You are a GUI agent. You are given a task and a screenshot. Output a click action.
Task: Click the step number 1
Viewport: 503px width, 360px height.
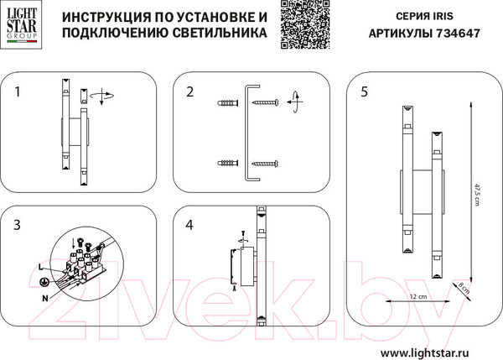20,91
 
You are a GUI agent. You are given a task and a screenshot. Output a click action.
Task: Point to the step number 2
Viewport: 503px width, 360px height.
190,91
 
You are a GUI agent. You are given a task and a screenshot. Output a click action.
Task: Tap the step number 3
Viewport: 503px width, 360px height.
18,225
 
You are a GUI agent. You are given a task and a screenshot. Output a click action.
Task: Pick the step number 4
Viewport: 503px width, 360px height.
189,225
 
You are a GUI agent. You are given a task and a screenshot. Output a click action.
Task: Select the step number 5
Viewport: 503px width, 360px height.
363,91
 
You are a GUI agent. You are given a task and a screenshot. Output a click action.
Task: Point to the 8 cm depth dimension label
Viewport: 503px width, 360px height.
464,290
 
